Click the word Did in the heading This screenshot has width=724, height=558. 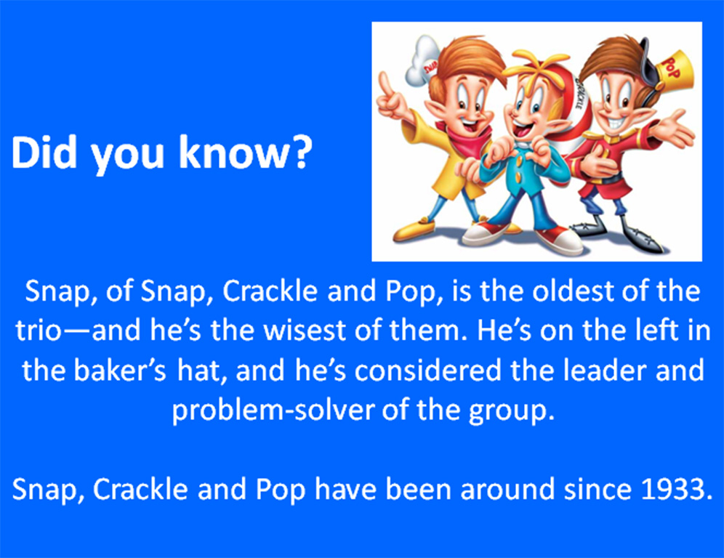coord(43,152)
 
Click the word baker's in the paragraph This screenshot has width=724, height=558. coord(120,370)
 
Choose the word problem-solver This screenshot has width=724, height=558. coord(272,410)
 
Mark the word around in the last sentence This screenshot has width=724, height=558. coord(507,489)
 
